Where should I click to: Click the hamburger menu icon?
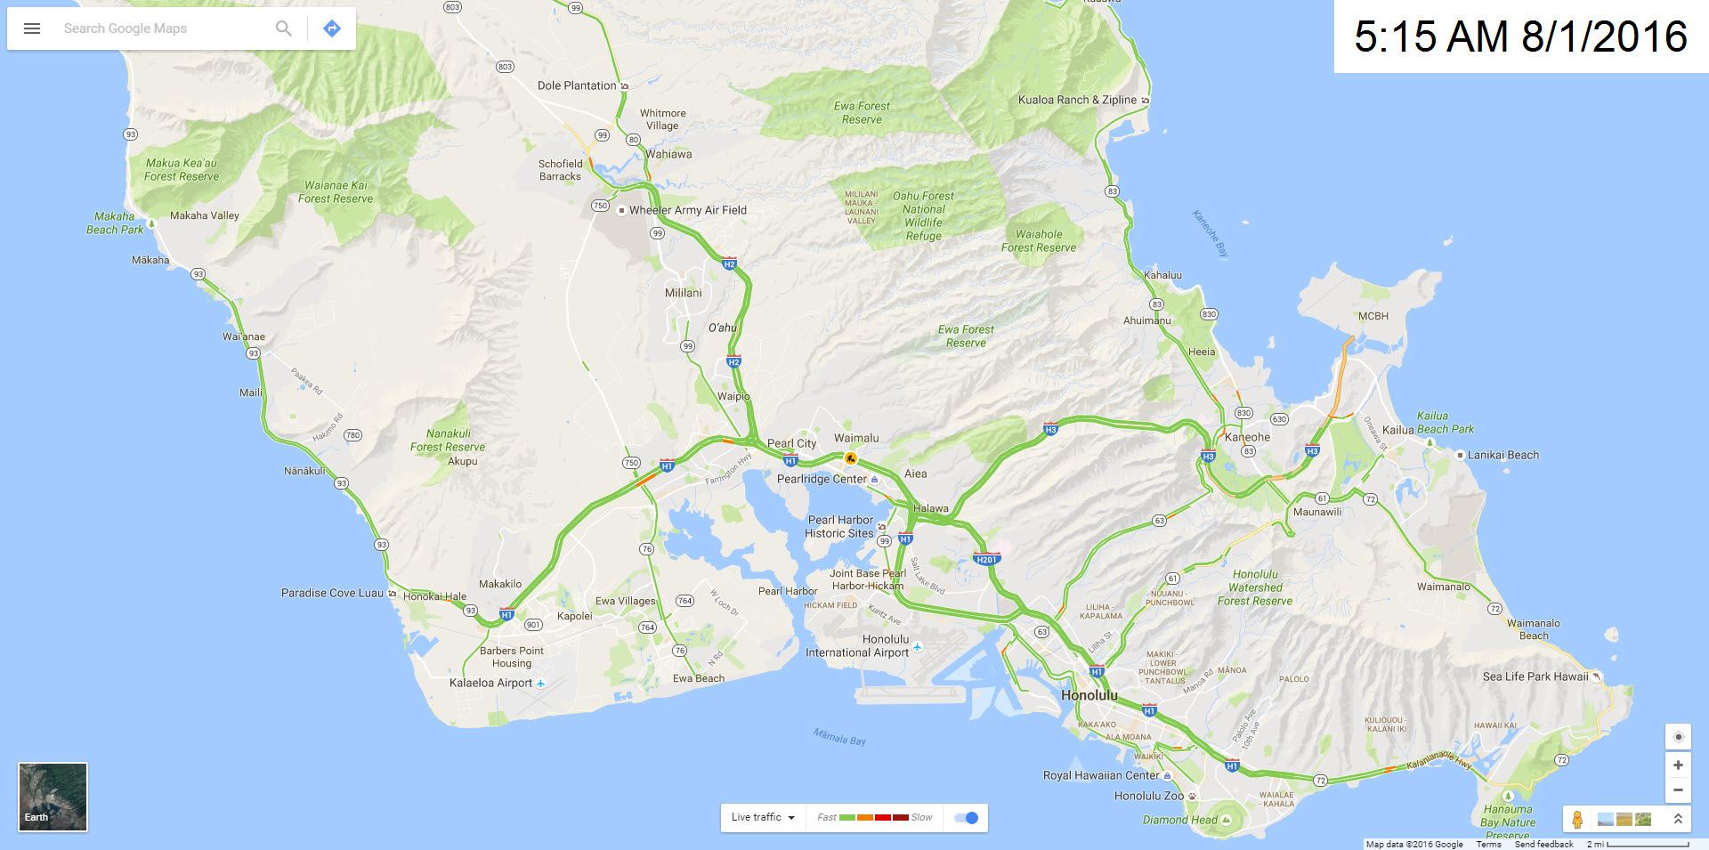[x=32, y=28]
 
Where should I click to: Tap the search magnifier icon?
[x=283, y=28]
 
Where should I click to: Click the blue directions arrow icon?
[x=332, y=28]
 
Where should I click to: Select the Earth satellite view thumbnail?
[x=53, y=797]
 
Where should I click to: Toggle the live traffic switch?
[x=966, y=818]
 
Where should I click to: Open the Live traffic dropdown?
[x=763, y=818]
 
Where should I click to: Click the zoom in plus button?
[x=1678, y=765]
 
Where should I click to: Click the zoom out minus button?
[x=1678, y=789]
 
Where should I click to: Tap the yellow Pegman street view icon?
[x=1577, y=819]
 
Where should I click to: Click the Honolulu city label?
[x=1089, y=695]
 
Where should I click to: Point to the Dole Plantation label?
[x=577, y=85]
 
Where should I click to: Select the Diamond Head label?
[x=1179, y=820]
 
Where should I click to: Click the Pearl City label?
[x=791, y=443]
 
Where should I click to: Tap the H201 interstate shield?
[x=986, y=560]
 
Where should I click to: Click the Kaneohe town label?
[x=1247, y=437]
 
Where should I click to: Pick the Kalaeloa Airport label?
[x=490, y=683]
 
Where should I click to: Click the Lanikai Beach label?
[x=1502, y=455]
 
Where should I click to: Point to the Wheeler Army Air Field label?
[x=687, y=210]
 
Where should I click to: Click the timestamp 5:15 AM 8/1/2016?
[x=1520, y=36]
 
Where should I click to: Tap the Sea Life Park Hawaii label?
[x=1535, y=676]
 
